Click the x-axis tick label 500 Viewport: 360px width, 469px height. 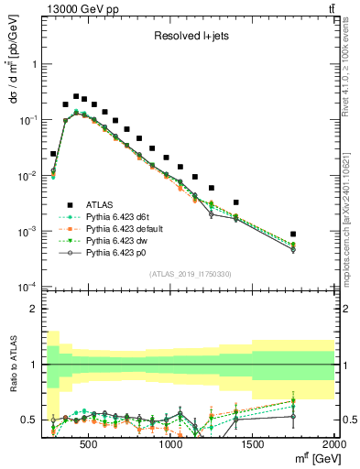coord(89,443)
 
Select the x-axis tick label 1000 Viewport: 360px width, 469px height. coord(171,443)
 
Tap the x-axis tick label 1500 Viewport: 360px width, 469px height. coord(253,443)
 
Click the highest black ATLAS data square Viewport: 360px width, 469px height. coord(76,95)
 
